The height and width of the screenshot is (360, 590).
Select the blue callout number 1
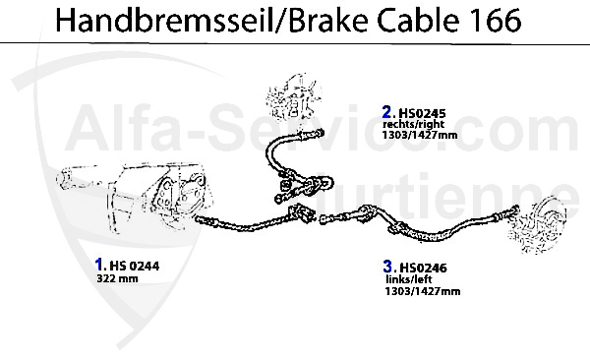99,264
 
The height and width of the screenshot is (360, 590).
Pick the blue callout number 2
387,111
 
